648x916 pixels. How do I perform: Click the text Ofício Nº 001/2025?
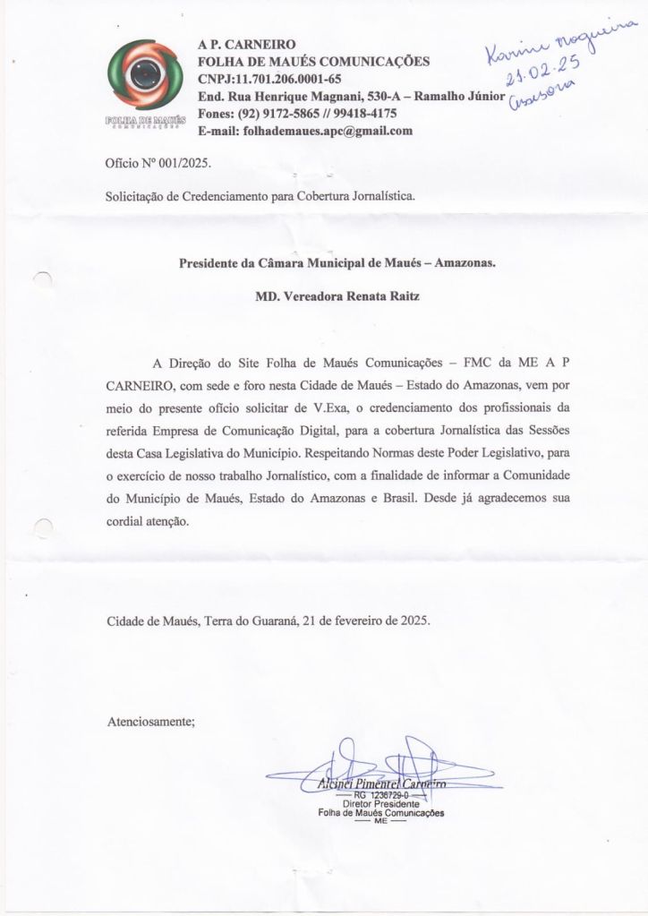(x=159, y=163)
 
